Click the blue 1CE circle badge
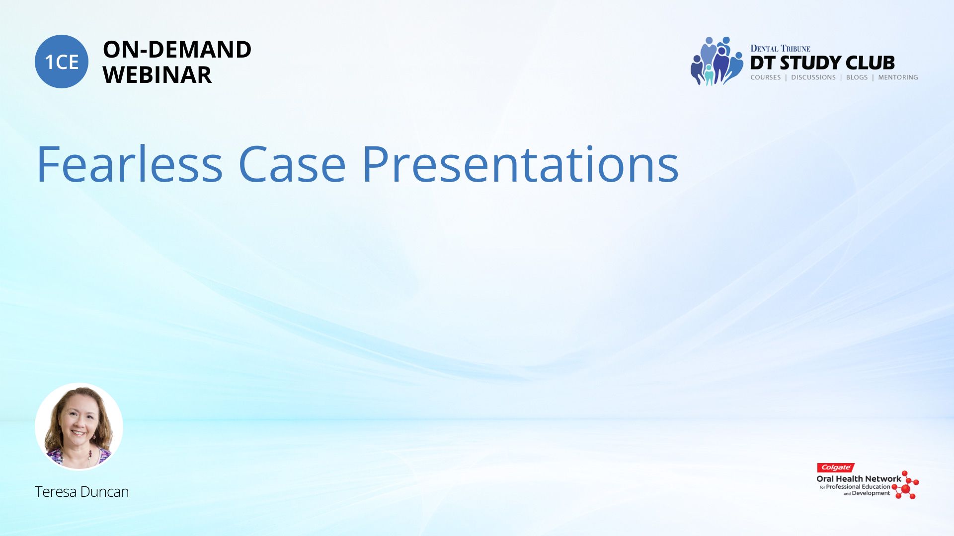coord(62,62)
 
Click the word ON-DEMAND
coord(177,50)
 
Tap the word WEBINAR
coord(157,75)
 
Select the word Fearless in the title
coord(130,164)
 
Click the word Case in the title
coord(292,164)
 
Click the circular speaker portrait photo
coord(79,426)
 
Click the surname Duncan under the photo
coord(105,491)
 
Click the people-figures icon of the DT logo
coord(716,61)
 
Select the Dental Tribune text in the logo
coord(780,48)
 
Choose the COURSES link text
coord(766,77)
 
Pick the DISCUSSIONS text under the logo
coord(813,77)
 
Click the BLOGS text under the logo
coord(857,77)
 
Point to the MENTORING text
coord(898,77)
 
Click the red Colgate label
coord(836,468)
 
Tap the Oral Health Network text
coord(859,479)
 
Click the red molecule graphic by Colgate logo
coord(905,485)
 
